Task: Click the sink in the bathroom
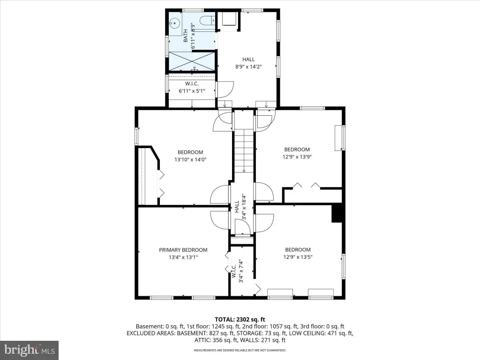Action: click(x=174, y=22)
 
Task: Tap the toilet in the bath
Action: click(x=207, y=21)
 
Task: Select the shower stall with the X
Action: click(x=192, y=61)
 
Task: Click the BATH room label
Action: click(x=186, y=36)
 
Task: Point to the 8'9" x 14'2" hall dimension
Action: click(x=248, y=67)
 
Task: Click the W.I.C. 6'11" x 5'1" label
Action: click(x=192, y=87)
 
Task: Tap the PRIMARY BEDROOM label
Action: click(x=183, y=250)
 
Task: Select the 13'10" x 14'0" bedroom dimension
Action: click(x=190, y=159)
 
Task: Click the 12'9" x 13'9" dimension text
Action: click(x=297, y=157)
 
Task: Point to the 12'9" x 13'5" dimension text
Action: click(x=298, y=257)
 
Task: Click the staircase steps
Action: click(x=244, y=150)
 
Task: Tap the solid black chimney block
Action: click(x=337, y=214)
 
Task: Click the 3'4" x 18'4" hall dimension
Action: click(x=244, y=207)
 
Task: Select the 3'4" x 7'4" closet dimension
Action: click(x=240, y=271)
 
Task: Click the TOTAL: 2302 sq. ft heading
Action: click(x=240, y=320)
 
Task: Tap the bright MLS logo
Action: click(x=30, y=350)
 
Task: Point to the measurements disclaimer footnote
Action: click(x=240, y=350)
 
